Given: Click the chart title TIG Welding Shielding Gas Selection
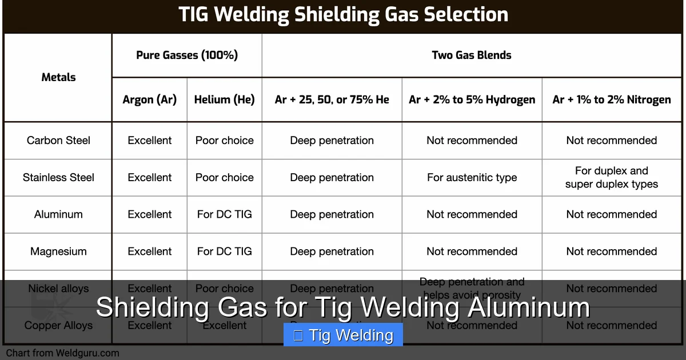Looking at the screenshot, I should (x=343, y=15).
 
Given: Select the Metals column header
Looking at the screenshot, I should (x=58, y=77).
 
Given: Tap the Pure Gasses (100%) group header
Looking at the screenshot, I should (x=187, y=55).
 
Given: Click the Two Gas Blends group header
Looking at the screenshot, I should (x=471, y=55).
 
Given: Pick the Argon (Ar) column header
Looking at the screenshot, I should (x=150, y=99).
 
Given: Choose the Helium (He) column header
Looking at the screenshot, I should (x=224, y=99).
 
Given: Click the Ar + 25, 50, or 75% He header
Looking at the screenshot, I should (x=332, y=99).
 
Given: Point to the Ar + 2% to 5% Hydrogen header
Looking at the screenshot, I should (x=472, y=99).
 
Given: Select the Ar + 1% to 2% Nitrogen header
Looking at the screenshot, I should (x=611, y=99).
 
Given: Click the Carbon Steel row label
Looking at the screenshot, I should (x=58, y=141).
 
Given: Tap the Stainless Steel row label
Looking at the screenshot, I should (x=58, y=178).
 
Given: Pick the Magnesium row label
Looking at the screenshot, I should (x=58, y=251).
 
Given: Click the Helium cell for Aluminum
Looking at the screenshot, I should (x=224, y=214).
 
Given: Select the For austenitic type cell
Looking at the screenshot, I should (x=472, y=178).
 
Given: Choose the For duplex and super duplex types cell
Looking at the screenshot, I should (x=611, y=178).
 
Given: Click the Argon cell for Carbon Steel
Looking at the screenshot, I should (x=150, y=141).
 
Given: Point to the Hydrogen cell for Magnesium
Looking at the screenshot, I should (x=472, y=251).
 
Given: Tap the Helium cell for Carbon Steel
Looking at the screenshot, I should (x=224, y=141).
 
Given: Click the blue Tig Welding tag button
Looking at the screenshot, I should (x=343, y=335).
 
